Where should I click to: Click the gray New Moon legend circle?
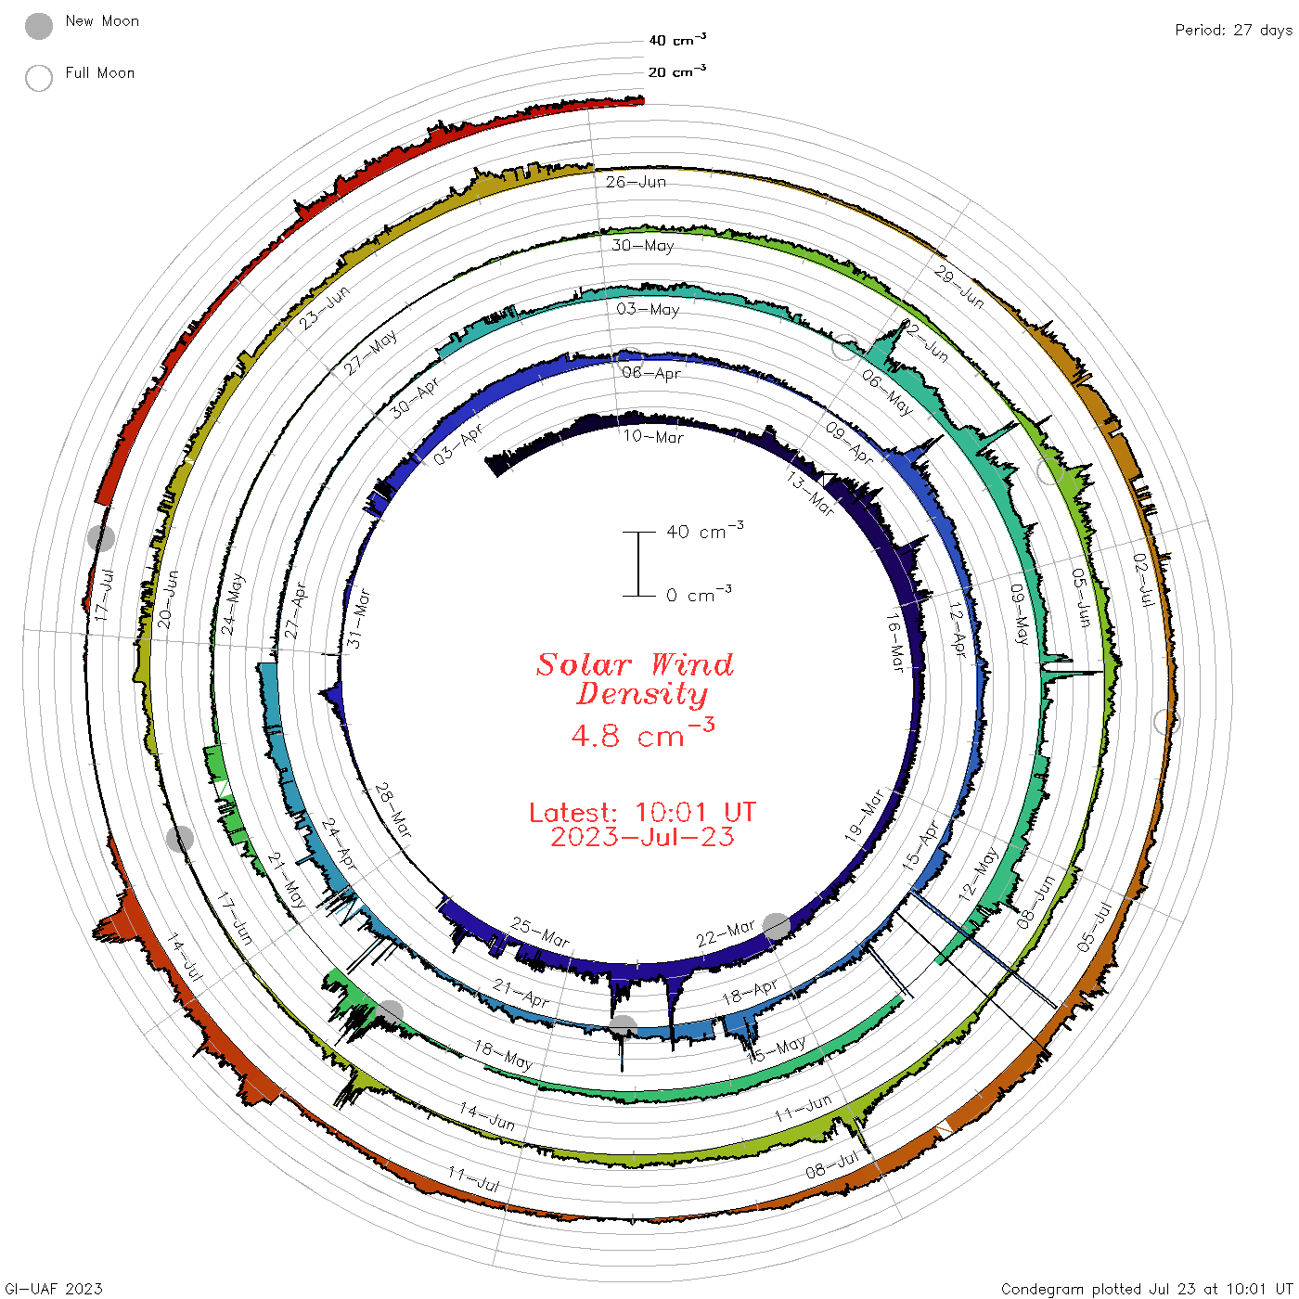coord(38,26)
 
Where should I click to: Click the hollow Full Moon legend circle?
coord(38,78)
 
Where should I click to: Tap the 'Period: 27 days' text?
coord(1233,31)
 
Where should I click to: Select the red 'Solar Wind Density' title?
coord(635,679)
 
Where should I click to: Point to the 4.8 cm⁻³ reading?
coord(642,733)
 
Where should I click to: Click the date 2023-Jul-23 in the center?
coord(642,837)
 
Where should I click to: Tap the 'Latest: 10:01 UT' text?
coord(642,812)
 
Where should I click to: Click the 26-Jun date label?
coord(636,182)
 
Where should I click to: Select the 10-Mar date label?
coord(652,437)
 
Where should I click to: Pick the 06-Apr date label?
coord(651,373)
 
